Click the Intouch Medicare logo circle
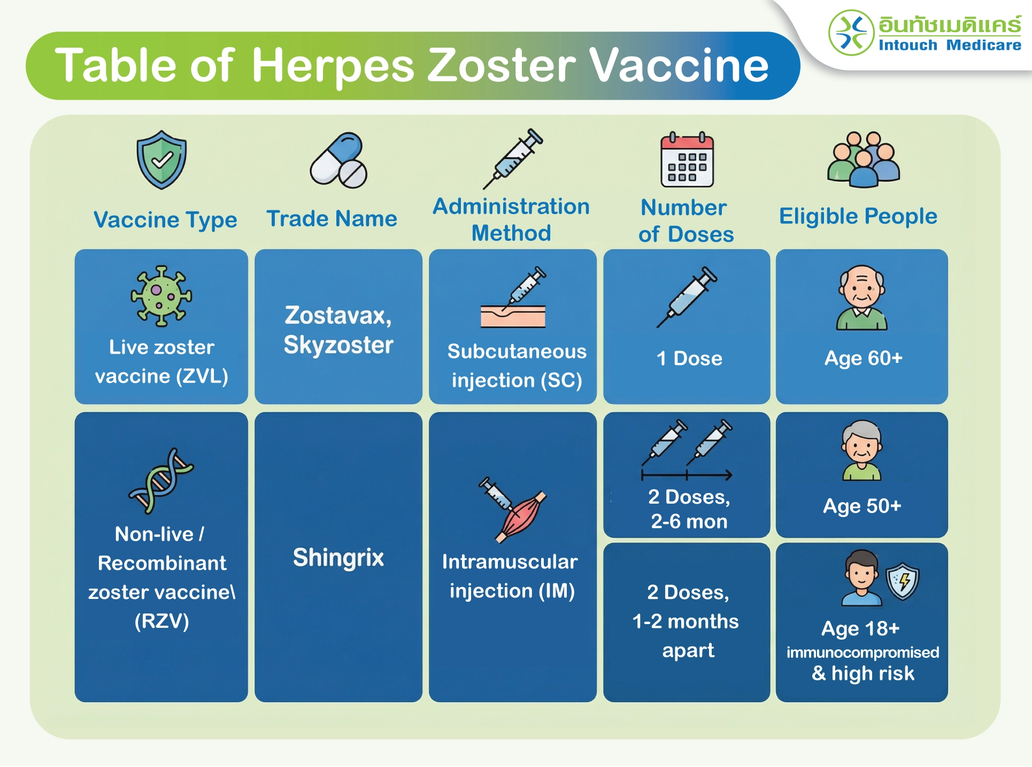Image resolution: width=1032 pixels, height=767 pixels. point(851,33)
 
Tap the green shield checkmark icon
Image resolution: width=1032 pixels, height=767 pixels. point(161,160)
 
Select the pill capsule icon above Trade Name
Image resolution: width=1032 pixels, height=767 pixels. point(338,160)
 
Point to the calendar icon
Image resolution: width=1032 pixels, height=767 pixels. point(687,159)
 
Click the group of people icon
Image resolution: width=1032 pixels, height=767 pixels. point(864,159)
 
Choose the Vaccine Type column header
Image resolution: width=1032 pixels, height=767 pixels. point(165,220)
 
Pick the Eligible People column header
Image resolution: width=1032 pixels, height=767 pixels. point(858,216)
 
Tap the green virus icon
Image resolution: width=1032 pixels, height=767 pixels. point(161,296)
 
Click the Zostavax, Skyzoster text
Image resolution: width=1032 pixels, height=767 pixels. point(338,330)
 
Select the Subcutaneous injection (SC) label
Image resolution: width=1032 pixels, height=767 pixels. point(517,366)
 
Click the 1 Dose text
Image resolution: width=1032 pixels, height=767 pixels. point(689,358)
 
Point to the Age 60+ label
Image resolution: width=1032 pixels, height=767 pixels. point(864,358)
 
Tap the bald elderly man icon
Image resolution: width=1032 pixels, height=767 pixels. point(862,298)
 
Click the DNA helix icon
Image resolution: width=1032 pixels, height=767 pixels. point(161,481)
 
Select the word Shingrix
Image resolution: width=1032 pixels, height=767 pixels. point(338,558)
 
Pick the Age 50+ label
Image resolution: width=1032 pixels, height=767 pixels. point(862,506)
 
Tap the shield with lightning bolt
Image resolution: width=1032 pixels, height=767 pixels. point(903,581)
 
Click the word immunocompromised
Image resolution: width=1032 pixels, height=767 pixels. point(862,652)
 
